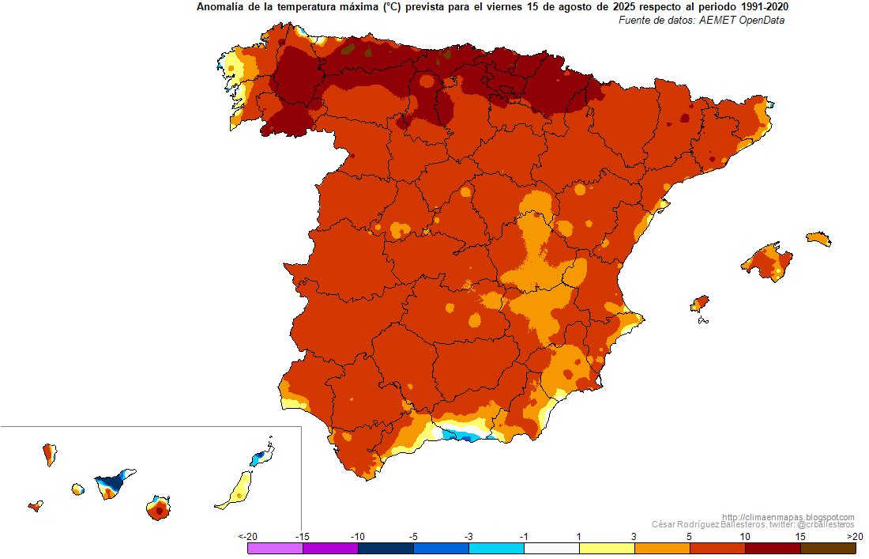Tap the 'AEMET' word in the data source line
(x=717, y=21)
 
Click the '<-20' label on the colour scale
(x=248, y=536)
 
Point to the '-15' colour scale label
(x=302, y=536)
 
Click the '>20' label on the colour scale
(x=855, y=536)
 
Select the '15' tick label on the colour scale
(x=800, y=536)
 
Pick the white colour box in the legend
(x=551, y=548)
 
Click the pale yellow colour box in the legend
(x=607, y=548)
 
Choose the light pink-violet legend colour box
(x=276, y=548)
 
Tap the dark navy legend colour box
(x=386, y=548)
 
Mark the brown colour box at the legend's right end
(x=828, y=548)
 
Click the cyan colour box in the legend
(x=497, y=548)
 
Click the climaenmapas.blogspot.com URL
(x=788, y=517)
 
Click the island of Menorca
(x=818, y=239)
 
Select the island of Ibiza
(x=700, y=304)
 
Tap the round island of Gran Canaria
(x=159, y=508)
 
